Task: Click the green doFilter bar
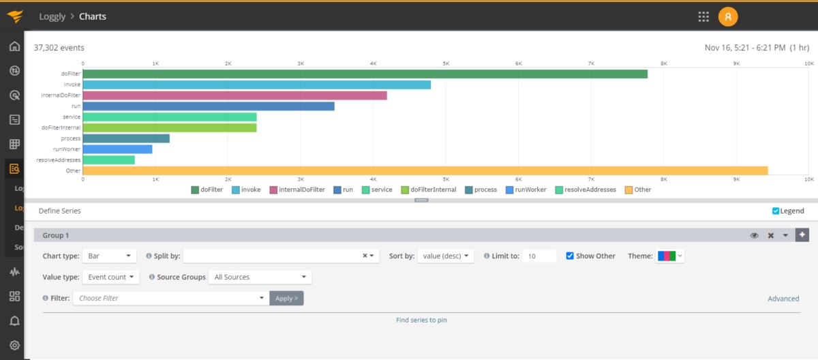[x=365, y=74]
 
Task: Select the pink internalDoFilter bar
[x=234, y=95]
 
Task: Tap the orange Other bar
[x=425, y=170]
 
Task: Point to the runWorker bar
[x=117, y=149]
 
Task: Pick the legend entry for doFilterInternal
[x=429, y=190]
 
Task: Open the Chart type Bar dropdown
[x=110, y=256]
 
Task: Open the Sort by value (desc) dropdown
[x=445, y=256]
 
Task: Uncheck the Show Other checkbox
[x=570, y=256]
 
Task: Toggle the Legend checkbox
[x=776, y=211]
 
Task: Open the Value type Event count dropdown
[x=110, y=277]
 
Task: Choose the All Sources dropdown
[x=260, y=277]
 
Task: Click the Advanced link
[x=783, y=299]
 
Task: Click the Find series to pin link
[x=421, y=320]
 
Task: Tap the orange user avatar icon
[x=728, y=16]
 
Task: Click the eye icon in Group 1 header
[x=755, y=235]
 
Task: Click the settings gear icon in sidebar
[x=14, y=345]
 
